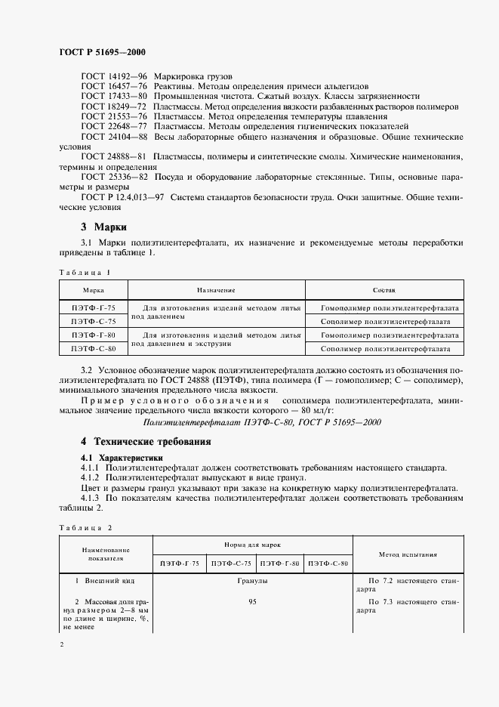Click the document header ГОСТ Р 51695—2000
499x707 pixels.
(102, 52)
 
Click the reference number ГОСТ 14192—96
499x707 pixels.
(113, 77)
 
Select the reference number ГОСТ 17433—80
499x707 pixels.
(113, 97)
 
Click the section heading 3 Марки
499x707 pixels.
(103, 227)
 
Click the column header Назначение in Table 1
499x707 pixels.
(217, 290)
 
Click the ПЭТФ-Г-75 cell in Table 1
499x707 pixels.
(94, 308)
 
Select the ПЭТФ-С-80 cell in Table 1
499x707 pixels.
(94, 349)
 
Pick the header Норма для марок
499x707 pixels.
(252, 544)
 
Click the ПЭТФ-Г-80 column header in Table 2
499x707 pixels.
(279, 564)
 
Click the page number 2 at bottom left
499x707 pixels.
(61, 644)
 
